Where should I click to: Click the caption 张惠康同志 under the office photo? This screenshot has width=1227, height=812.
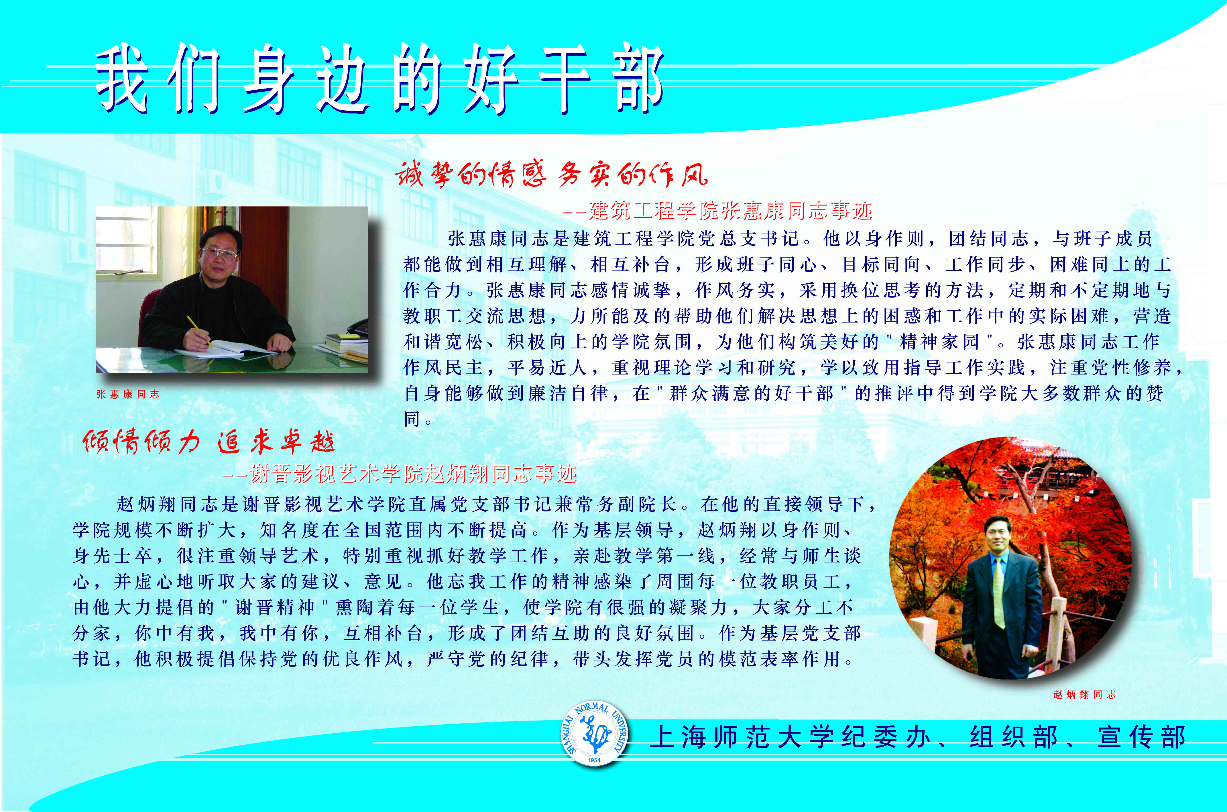click(x=127, y=394)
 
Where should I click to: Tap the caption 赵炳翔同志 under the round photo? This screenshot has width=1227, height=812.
click(x=1084, y=695)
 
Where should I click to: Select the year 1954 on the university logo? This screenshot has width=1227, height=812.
click(x=594, y=760)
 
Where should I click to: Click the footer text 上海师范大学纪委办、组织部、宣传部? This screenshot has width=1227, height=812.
click(x=918, y=736)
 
